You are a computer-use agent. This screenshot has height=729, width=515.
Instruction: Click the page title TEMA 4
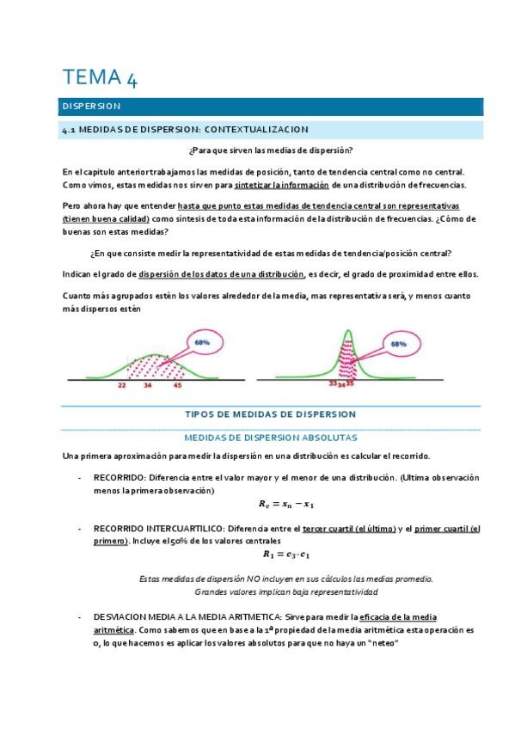coord(100,78)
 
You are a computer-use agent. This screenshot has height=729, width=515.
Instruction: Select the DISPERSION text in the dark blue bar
coord(92,107)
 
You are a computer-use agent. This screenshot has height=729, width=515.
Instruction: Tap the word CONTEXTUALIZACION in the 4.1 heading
coord(256,129)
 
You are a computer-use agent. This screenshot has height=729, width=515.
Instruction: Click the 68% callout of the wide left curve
coord(203,342)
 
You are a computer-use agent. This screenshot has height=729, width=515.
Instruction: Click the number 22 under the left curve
coord(123,386)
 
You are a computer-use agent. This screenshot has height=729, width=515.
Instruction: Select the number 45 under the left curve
coord(177,386)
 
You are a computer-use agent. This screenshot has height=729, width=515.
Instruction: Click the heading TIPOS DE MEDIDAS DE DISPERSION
coord(271,414)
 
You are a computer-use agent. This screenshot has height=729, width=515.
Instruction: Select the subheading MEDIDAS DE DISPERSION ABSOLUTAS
coord(271,437)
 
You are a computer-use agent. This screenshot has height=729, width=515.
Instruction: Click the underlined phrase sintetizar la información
coord(282,185)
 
